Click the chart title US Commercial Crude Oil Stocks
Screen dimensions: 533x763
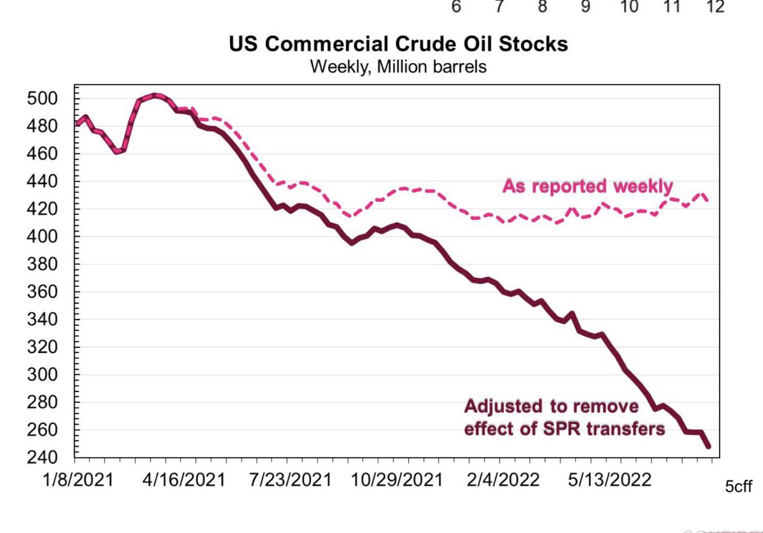click(398, 44)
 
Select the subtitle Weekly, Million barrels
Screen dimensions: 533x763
click(398, 66)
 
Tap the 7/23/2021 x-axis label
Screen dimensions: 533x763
click(289, 480)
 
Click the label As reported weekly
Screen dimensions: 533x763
click(588, 186)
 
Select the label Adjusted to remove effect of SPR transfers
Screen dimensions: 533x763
click(564, 418)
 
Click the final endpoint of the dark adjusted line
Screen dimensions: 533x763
click(708, 447)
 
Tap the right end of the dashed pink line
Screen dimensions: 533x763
click(707, 201)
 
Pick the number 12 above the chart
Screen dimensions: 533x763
click(715, 7)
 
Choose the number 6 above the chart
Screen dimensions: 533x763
click(457, 7)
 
